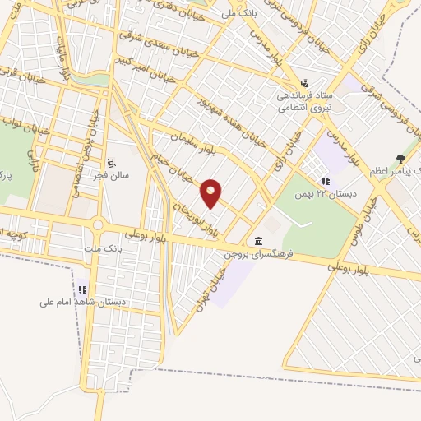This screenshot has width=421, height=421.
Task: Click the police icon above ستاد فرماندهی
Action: (x=305, y=83)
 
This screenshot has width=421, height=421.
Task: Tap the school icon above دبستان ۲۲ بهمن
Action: (x=326, y=181)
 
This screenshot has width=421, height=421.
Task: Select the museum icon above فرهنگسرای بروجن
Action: (x=260, y=241)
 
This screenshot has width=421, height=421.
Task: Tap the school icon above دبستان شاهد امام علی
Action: (x=82, y=289)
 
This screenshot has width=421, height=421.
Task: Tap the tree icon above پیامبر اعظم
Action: (x=400, y=158)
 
